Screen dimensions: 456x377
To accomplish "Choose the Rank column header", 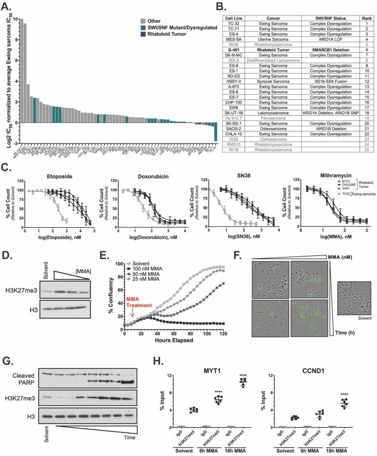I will click(367, 18).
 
